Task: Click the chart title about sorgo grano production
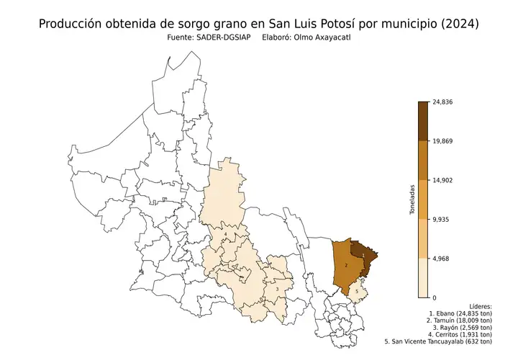click(258, 24)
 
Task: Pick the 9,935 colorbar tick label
click(443, 219)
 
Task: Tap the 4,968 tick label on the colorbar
click(443, 258)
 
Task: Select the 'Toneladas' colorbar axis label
click(412, 200)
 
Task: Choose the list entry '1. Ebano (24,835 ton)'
click(460, 315)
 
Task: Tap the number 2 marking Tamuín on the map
click(347, 266)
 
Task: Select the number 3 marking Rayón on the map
click(277, 290)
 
